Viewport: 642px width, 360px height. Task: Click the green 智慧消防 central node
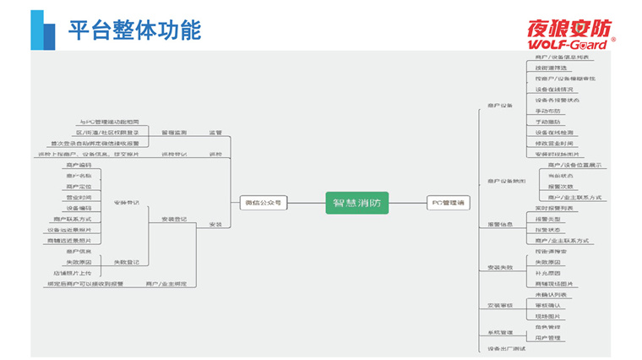point(357,203)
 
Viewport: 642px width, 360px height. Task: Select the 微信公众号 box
point(264,203)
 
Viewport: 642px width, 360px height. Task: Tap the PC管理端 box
point(449,203)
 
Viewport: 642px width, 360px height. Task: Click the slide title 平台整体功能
point(135,31)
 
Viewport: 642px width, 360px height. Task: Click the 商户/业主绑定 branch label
point(166,284)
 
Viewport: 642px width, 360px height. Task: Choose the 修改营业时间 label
point(553,144)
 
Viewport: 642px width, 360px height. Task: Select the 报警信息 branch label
point(500,224)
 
